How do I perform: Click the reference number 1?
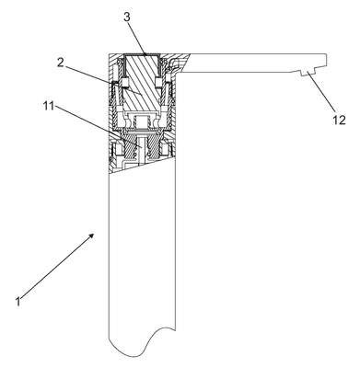point(18,301)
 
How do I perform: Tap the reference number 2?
point(61,63)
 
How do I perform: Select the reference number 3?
point(127,17)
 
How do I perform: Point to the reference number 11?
point(49,106)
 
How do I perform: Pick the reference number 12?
point(339,120)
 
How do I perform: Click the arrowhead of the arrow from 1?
point(91,236)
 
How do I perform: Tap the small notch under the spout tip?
point(308,73)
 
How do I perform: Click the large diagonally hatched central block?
point(142,83)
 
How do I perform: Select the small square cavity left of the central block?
point(125,82)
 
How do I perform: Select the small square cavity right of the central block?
point(158,82)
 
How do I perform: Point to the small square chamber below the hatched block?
point(142,122)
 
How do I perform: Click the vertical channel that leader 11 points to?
point(141,149)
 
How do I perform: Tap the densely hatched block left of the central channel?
point(131,148)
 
